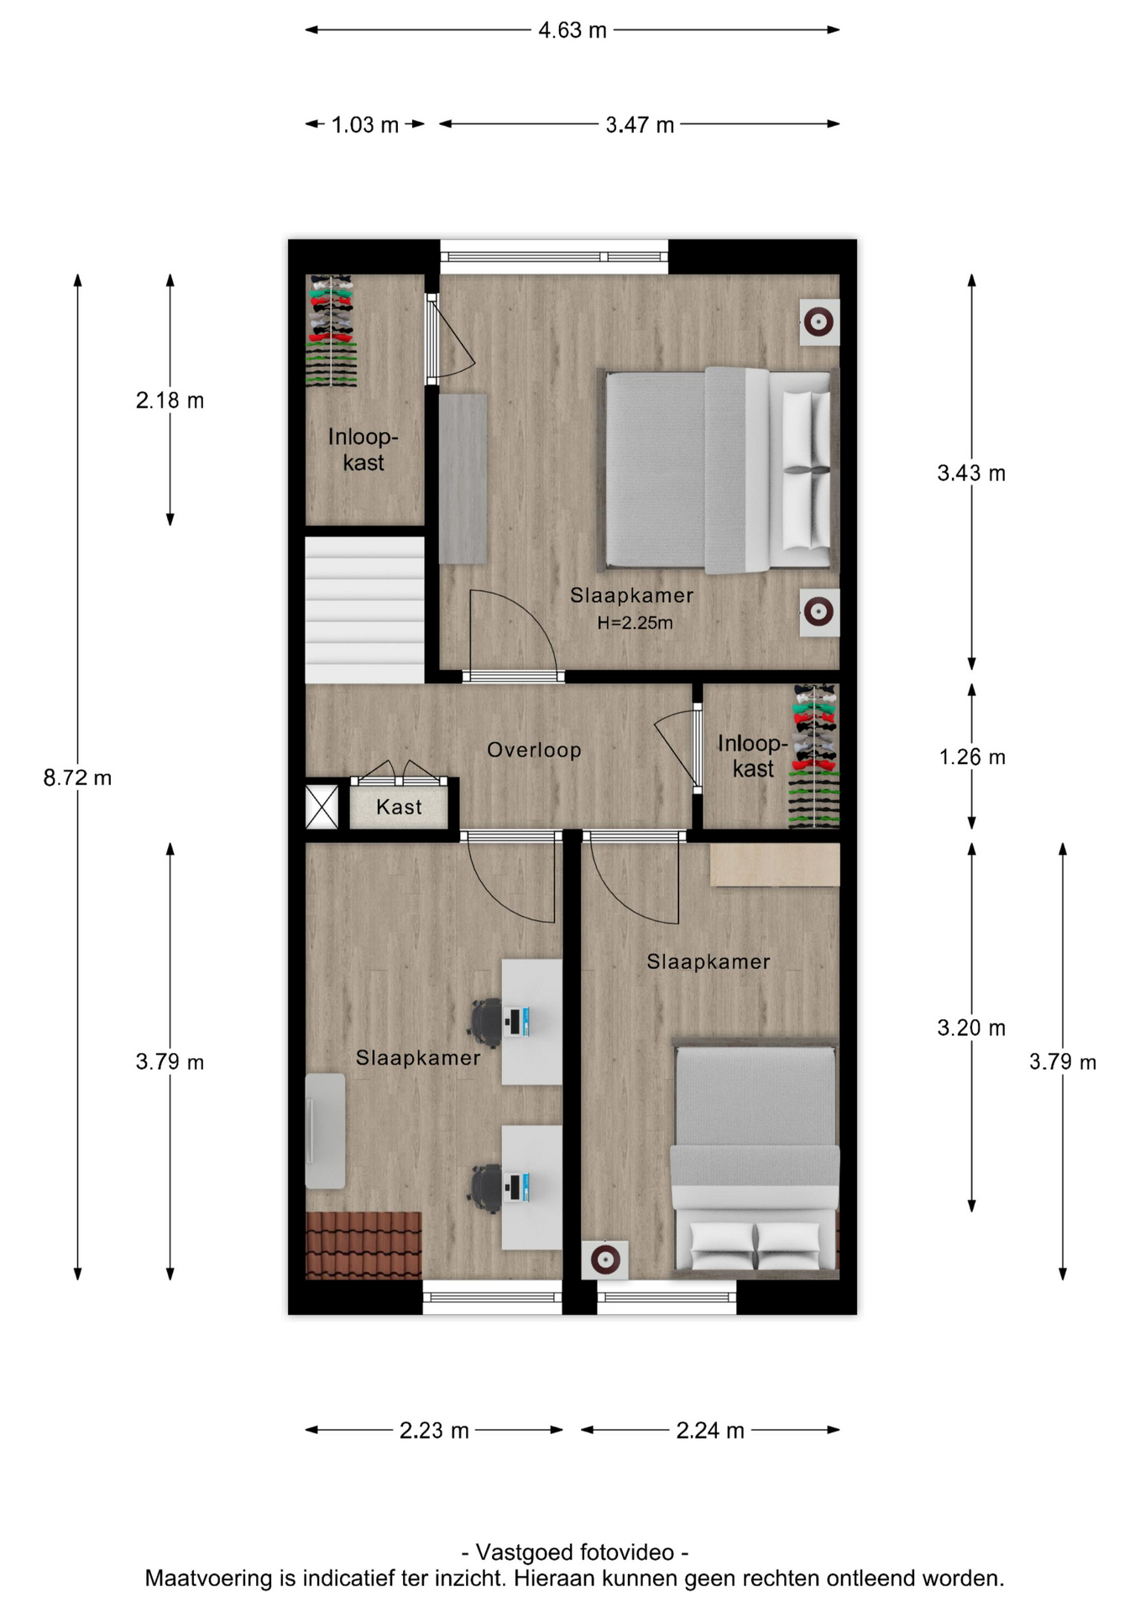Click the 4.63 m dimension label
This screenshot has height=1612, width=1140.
(572, 30)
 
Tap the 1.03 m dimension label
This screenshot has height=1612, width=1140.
(364, 125)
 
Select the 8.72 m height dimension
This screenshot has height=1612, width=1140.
(77, 777)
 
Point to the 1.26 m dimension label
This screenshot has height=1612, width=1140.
(971, 757)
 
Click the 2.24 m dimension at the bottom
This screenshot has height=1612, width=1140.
(710, 1431)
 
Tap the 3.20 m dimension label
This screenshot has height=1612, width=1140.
(971, 1028)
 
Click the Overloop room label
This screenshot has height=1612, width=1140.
(534, 750)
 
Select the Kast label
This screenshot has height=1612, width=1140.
(399, 807)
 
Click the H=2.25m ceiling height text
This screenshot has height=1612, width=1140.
(635, 623)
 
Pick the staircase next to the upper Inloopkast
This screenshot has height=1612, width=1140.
(364, 609)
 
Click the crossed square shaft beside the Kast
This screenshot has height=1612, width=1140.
(322, 807)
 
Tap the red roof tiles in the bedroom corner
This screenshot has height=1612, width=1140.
(363, 1245)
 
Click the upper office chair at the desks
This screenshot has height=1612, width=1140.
(486, 1022)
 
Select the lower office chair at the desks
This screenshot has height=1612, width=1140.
(486, 1187)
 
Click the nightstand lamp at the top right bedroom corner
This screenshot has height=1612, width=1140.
(818, 322)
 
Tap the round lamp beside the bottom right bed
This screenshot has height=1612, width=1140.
(605, 1259)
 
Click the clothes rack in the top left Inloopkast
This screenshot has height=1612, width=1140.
(331, 331)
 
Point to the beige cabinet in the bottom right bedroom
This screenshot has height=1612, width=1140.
(774, 865)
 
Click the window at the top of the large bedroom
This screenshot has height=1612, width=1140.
(554, 256)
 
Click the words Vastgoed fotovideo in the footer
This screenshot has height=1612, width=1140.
(575, 1552)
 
